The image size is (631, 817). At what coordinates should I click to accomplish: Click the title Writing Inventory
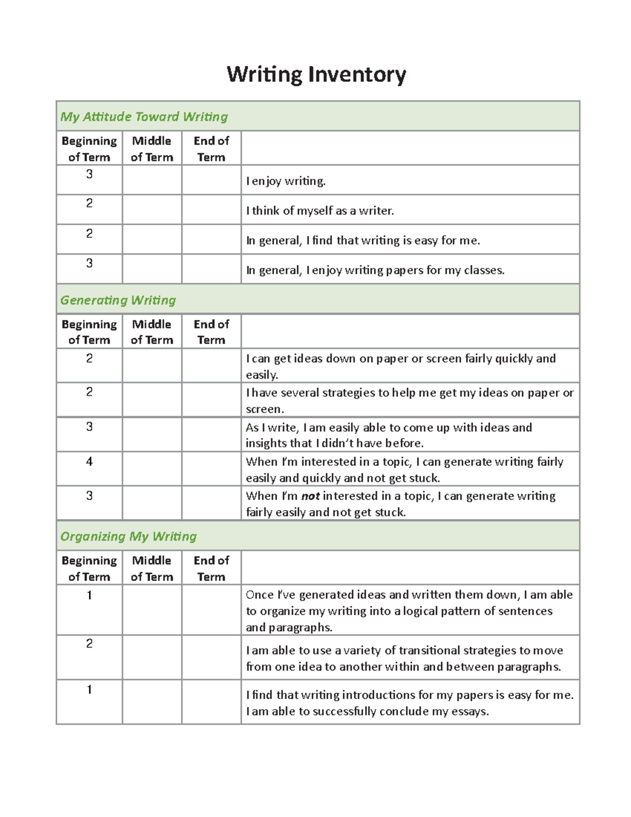tap(316, 74)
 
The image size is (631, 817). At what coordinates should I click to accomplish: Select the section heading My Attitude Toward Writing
tap(144, 117)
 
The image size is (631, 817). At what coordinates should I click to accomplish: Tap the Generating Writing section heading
tap(118, 300)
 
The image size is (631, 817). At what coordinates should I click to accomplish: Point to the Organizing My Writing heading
tap(128, 536)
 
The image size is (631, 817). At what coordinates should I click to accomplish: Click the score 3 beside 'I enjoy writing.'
tap(89, 174)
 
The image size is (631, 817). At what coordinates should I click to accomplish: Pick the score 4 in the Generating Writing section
tap(89, 461)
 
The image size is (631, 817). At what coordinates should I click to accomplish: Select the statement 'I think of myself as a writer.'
tap(320, 211)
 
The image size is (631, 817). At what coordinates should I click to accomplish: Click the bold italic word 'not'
tap(310, 496)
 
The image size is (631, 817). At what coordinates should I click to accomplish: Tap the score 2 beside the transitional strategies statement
tap(89, 643)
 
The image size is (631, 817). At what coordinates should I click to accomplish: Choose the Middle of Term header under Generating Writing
tap(152, 332)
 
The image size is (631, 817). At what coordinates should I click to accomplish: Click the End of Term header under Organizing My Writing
tap(211, 568)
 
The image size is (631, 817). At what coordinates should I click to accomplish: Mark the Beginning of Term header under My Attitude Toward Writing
tap(89, 149)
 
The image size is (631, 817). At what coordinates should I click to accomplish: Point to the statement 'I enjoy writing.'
tap(286, 181)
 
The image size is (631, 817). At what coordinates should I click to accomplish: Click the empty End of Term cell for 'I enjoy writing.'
tap(211, 180)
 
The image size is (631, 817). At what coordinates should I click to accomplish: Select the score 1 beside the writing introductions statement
tap(89, 689)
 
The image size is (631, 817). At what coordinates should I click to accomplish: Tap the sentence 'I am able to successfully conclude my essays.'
tap(367, 711)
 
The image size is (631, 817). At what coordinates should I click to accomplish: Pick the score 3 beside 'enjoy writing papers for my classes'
tap(89, 263)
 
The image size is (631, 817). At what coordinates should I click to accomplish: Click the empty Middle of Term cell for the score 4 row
tap(152, 468)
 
